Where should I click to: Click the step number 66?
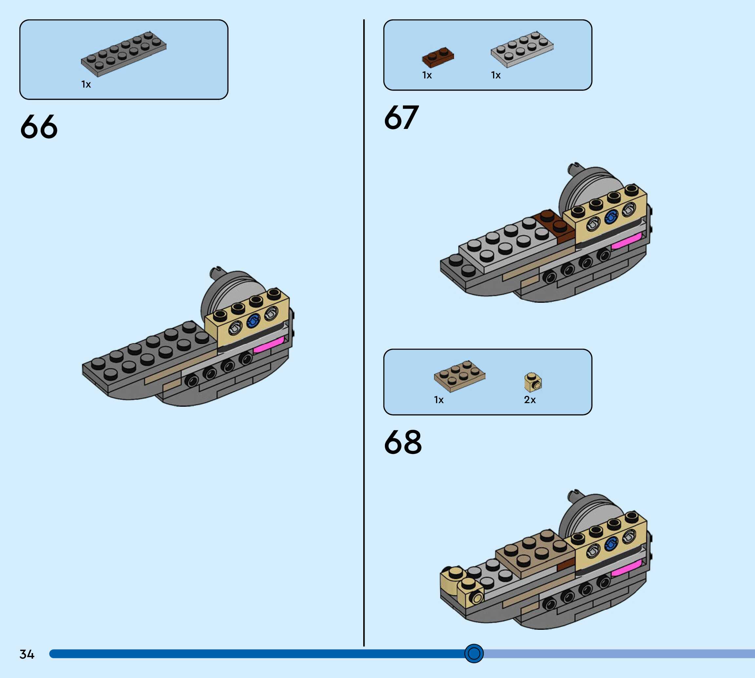[39, 127]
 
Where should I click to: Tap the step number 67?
[401, 118]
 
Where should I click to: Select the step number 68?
[403, 442]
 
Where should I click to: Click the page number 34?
[27, 654]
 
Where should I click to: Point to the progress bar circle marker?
[474, 653]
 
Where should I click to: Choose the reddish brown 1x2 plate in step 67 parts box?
[438, 57]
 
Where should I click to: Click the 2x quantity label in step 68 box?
[529, 400]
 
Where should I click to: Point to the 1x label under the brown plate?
[427, 75]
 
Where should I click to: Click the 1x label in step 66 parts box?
[86, 85]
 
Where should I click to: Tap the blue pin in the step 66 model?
[253, 320]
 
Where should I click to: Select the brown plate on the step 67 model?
[554, 224]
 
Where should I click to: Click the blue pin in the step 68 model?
[610, 544]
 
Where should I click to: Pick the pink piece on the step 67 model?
[626, 241]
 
